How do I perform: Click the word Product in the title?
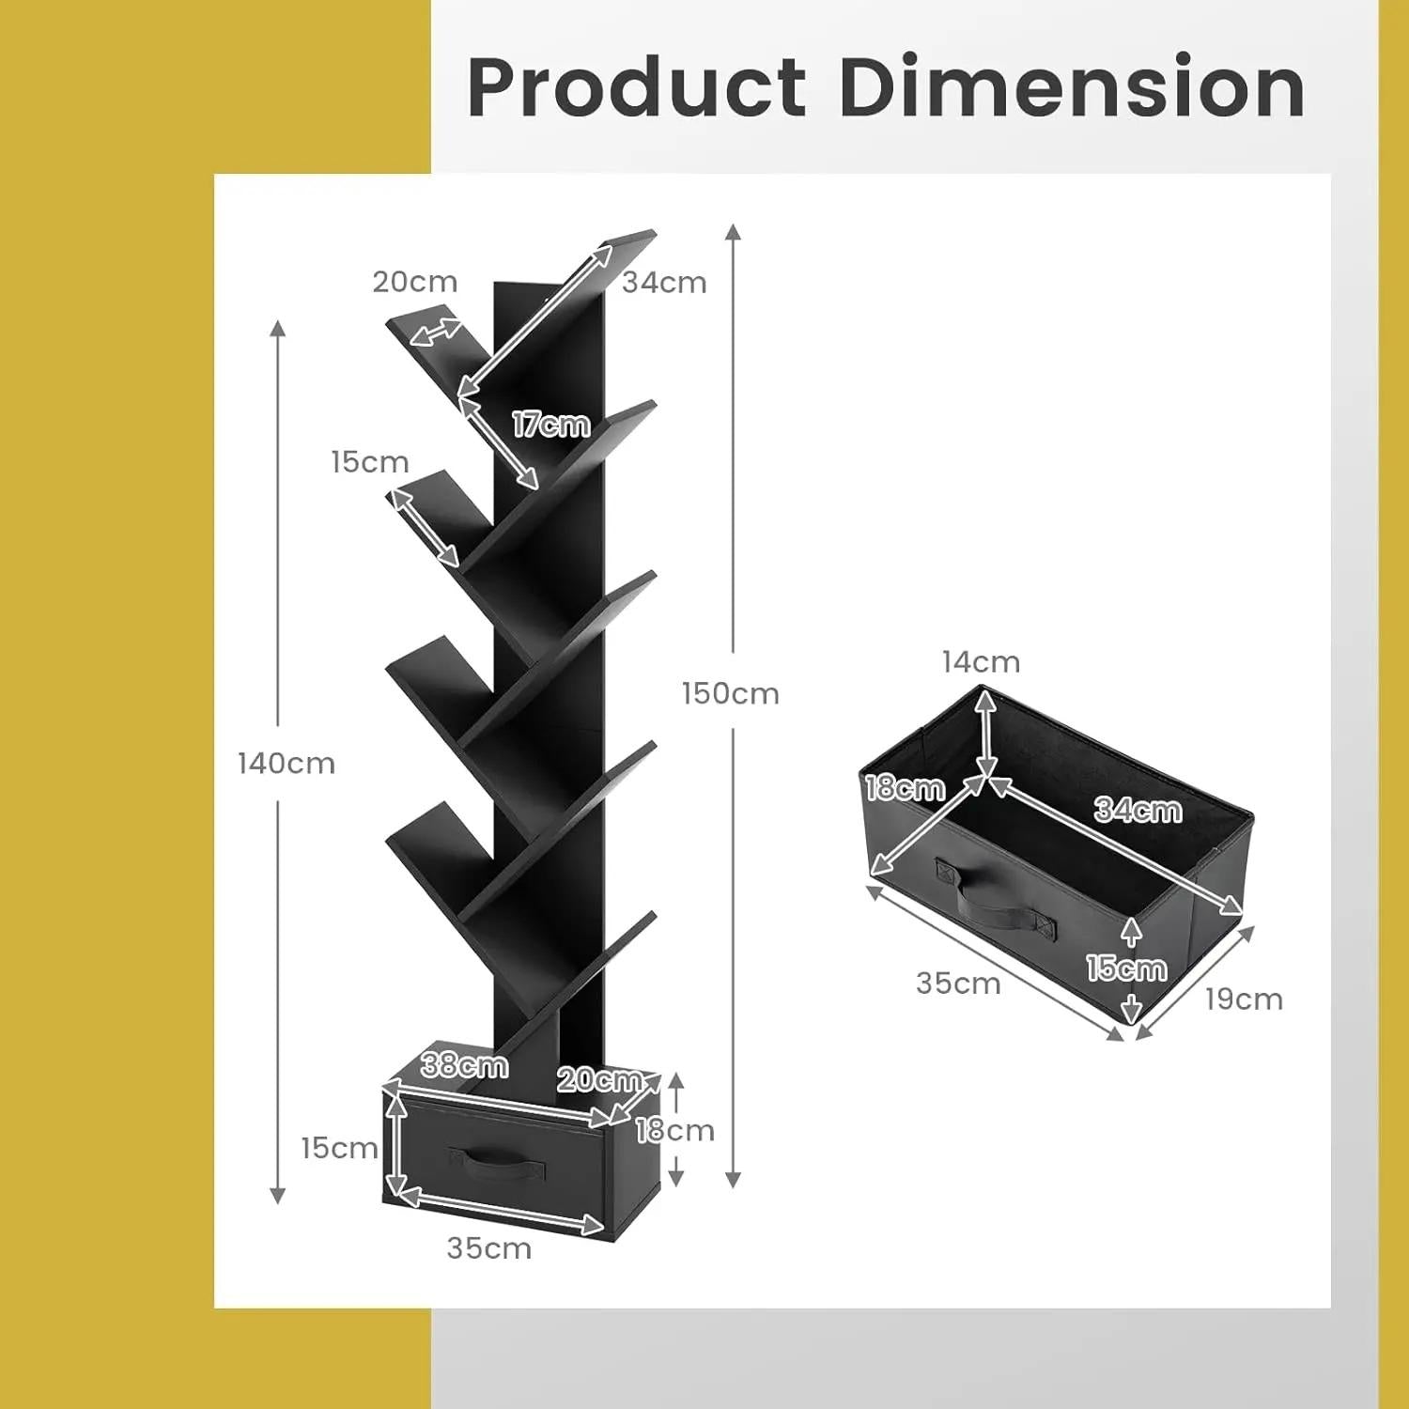(x=637, y=87)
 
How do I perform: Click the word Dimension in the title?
(x=1072, y=86)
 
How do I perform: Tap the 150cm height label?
(x=731, y=693)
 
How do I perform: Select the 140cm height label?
(x=286, y=763)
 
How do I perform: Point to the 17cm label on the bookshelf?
(x=551, y=425)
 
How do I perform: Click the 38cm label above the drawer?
(x=465, y=1065)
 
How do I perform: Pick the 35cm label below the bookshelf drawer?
(x=489, y=1248)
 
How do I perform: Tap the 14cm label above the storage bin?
(x=982, y=662)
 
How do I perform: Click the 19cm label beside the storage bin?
(x=1244, y=999)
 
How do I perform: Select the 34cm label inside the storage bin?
(x=1138, y=810)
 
